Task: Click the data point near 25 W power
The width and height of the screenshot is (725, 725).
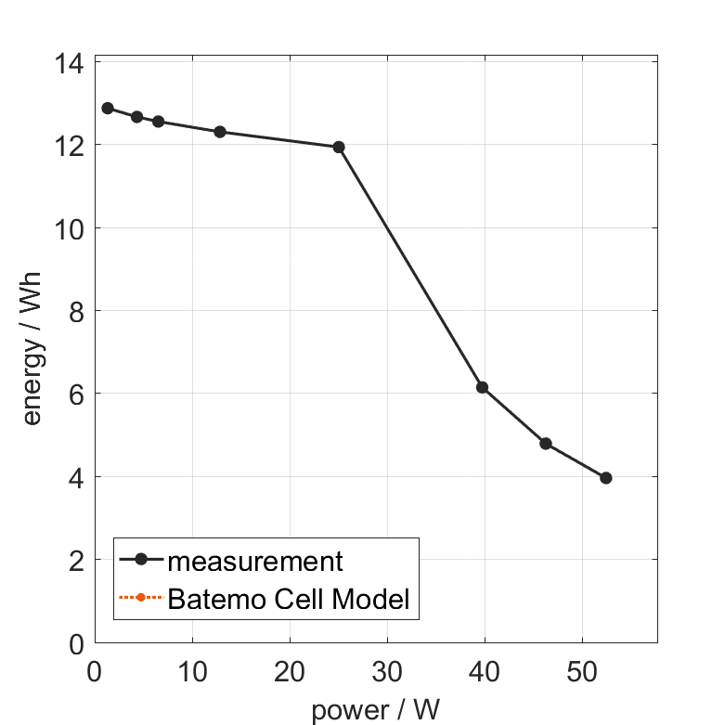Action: tap(339, 147)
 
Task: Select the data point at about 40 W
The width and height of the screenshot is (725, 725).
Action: tap(482, 387)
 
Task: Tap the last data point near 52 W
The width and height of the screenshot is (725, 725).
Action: tap(606, 477)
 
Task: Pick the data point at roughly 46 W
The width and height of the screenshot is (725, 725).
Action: tap(546, 444)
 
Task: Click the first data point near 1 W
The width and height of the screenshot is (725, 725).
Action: tap(108, 108)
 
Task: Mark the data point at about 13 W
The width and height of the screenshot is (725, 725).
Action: tap(220, 132)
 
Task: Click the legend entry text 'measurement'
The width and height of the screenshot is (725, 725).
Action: tap(255, 561)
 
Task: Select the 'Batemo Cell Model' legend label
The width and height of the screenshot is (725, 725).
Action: tap(289, 599)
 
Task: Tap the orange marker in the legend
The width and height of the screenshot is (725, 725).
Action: tap(140, 597)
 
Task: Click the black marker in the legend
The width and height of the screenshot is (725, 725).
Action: tap(140, 559)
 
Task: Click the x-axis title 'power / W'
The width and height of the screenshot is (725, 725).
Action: tap(375, 710)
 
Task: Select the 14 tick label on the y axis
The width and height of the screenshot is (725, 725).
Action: tap(74, 63)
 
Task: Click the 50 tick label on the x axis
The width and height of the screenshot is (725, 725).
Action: tap(581, 670)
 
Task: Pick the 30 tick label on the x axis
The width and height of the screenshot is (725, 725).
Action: tap(387, 670)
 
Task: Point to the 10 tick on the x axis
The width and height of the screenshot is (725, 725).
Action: tap(192, 670)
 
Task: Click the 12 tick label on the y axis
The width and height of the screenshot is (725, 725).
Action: tap(74, 147)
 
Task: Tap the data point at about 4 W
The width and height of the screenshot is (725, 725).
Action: tap(137, 117)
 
